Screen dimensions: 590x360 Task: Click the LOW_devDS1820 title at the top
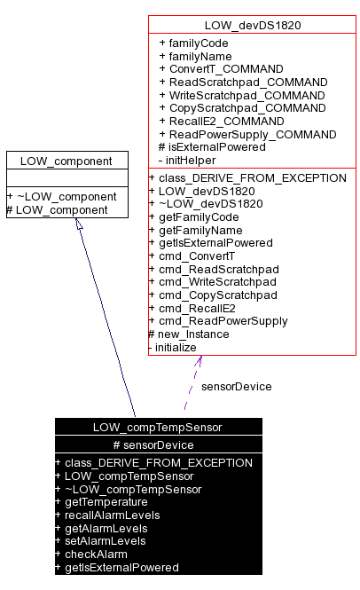point(252,25)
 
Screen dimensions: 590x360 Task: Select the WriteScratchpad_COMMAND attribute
point(242,95)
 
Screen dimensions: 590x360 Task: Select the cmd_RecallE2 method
point(200,308)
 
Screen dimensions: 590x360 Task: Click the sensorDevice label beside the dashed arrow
point(236,386)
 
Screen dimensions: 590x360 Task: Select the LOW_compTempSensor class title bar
point(158,427)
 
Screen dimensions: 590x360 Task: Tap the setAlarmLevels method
point(105,541)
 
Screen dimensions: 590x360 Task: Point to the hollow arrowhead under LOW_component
point(79,224)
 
